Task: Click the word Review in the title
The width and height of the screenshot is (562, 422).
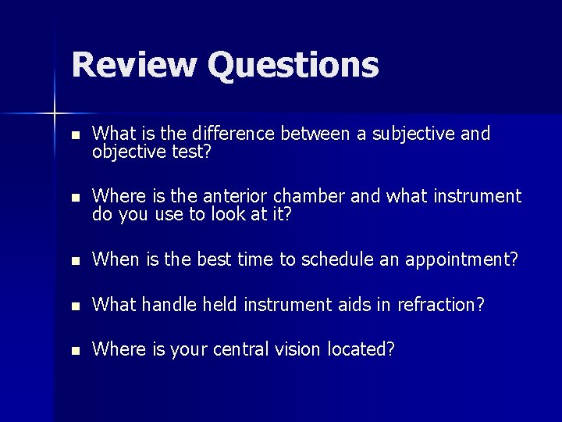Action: [x=133, y=65]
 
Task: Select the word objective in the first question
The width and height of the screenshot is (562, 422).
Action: [x=125, y=152]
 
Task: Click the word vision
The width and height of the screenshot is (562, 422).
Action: [x=301, y=349]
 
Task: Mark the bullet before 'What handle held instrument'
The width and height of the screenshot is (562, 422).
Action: [x=74, y=306]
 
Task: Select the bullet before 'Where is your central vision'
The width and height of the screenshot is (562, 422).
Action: [x=74, y=350]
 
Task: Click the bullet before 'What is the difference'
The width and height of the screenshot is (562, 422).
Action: [x=74, y=135]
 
